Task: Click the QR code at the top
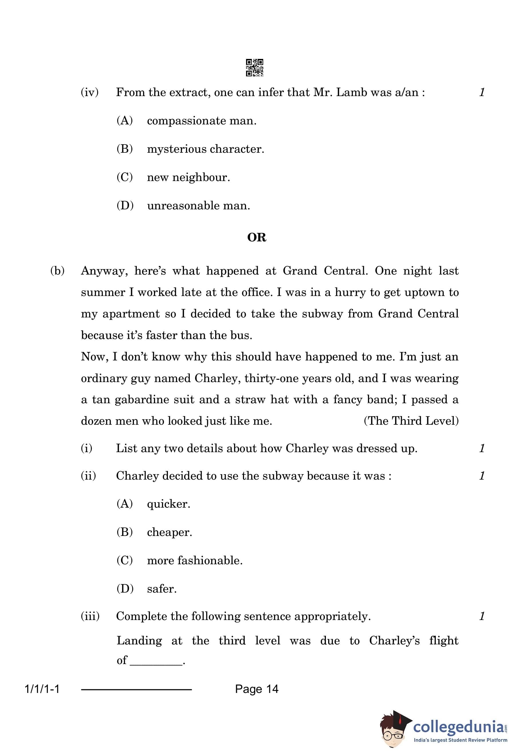point(254,67)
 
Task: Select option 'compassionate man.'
point(201,121)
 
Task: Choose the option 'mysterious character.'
point(205,149)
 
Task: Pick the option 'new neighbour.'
point(189,177)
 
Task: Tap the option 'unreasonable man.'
point(199,206)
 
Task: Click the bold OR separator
point(257,238)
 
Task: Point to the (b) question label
point(57,271)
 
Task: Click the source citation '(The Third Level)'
point(411,421)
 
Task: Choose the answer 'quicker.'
point(169,504)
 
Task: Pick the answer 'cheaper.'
point(169,532)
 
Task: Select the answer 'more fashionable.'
point(195,560)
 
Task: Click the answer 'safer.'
point(162,589)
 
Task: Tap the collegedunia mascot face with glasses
point(392,733)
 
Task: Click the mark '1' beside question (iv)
point(482,92)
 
